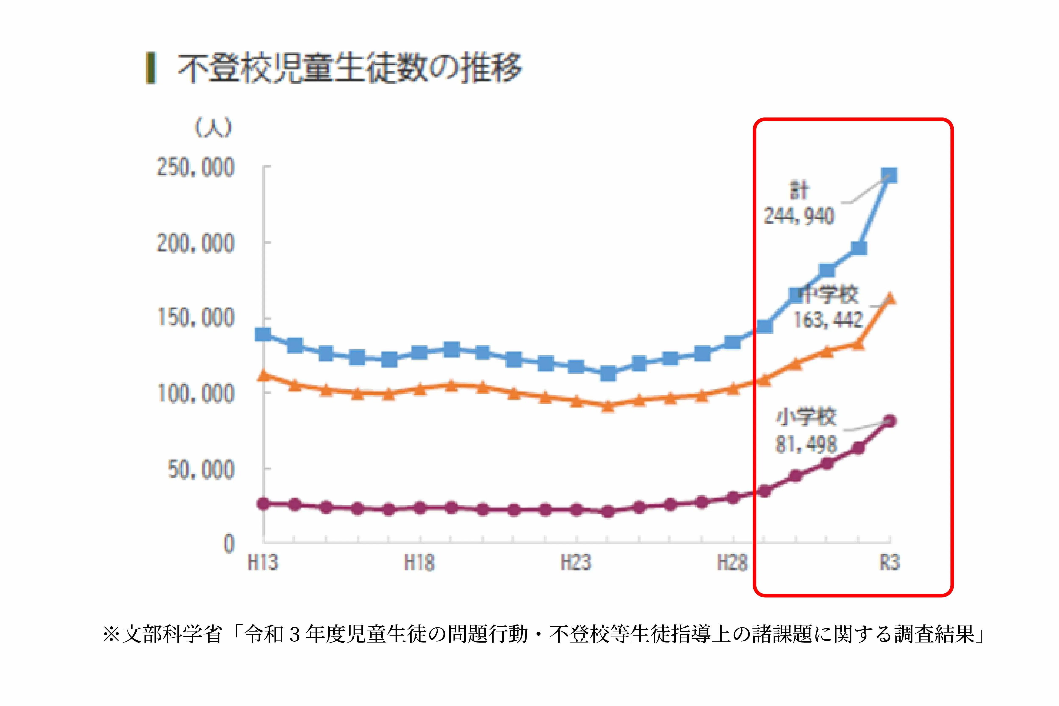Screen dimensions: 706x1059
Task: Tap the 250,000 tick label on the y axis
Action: click(x=195, y=168)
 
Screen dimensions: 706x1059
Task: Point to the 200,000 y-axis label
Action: click(x=195, y=244)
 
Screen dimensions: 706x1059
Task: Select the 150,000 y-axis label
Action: click(x=195, y=318)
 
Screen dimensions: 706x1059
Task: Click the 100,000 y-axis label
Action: click(x=195, y=393)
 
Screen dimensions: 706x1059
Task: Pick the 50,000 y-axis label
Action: click(x=201, y=470)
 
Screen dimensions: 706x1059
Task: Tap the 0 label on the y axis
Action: click(x=229, y=543)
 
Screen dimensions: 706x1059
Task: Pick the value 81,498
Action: click(x=805, y=444)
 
